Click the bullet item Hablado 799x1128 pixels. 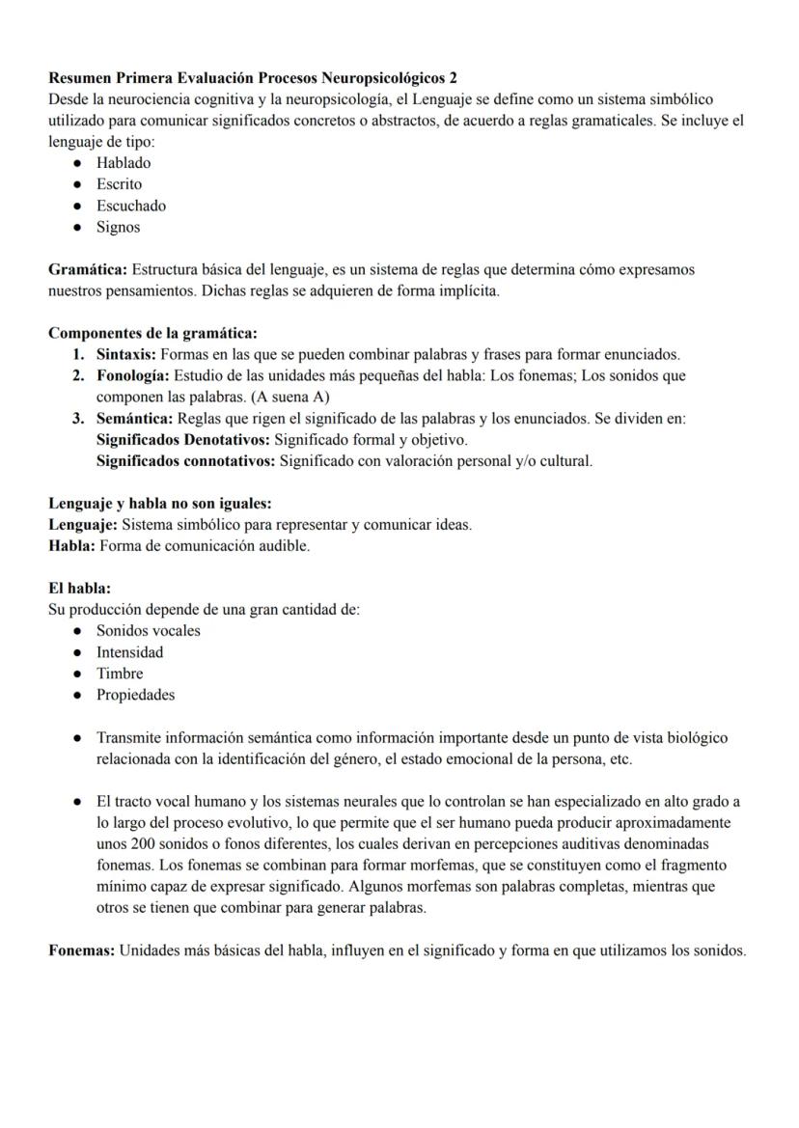click(x=123, y=162)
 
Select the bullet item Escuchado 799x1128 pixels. click(x=130, y=206)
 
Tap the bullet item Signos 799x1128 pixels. click(x=118, y=227)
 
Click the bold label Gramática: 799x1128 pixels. click(x=88, y=269)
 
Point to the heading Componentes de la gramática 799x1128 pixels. click(x=152, y=334)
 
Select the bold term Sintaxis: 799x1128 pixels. click(x=125, y=354)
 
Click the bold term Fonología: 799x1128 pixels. click(x=132, y=375)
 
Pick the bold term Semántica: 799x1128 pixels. click(x=134, y=419)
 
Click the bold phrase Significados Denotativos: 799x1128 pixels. click(x=183, y=440)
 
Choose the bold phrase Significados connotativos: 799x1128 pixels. click(x=185, y=461)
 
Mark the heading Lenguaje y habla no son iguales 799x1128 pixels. click(x=160, y=504)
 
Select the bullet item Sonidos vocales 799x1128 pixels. click(x=148, y=630)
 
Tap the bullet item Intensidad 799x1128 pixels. click(x=129, y=651)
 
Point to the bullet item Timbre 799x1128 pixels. click(x=119, y=673)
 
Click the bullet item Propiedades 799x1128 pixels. click(x=135, y=694)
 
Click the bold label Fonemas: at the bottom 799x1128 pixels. click(x=81, y=950)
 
